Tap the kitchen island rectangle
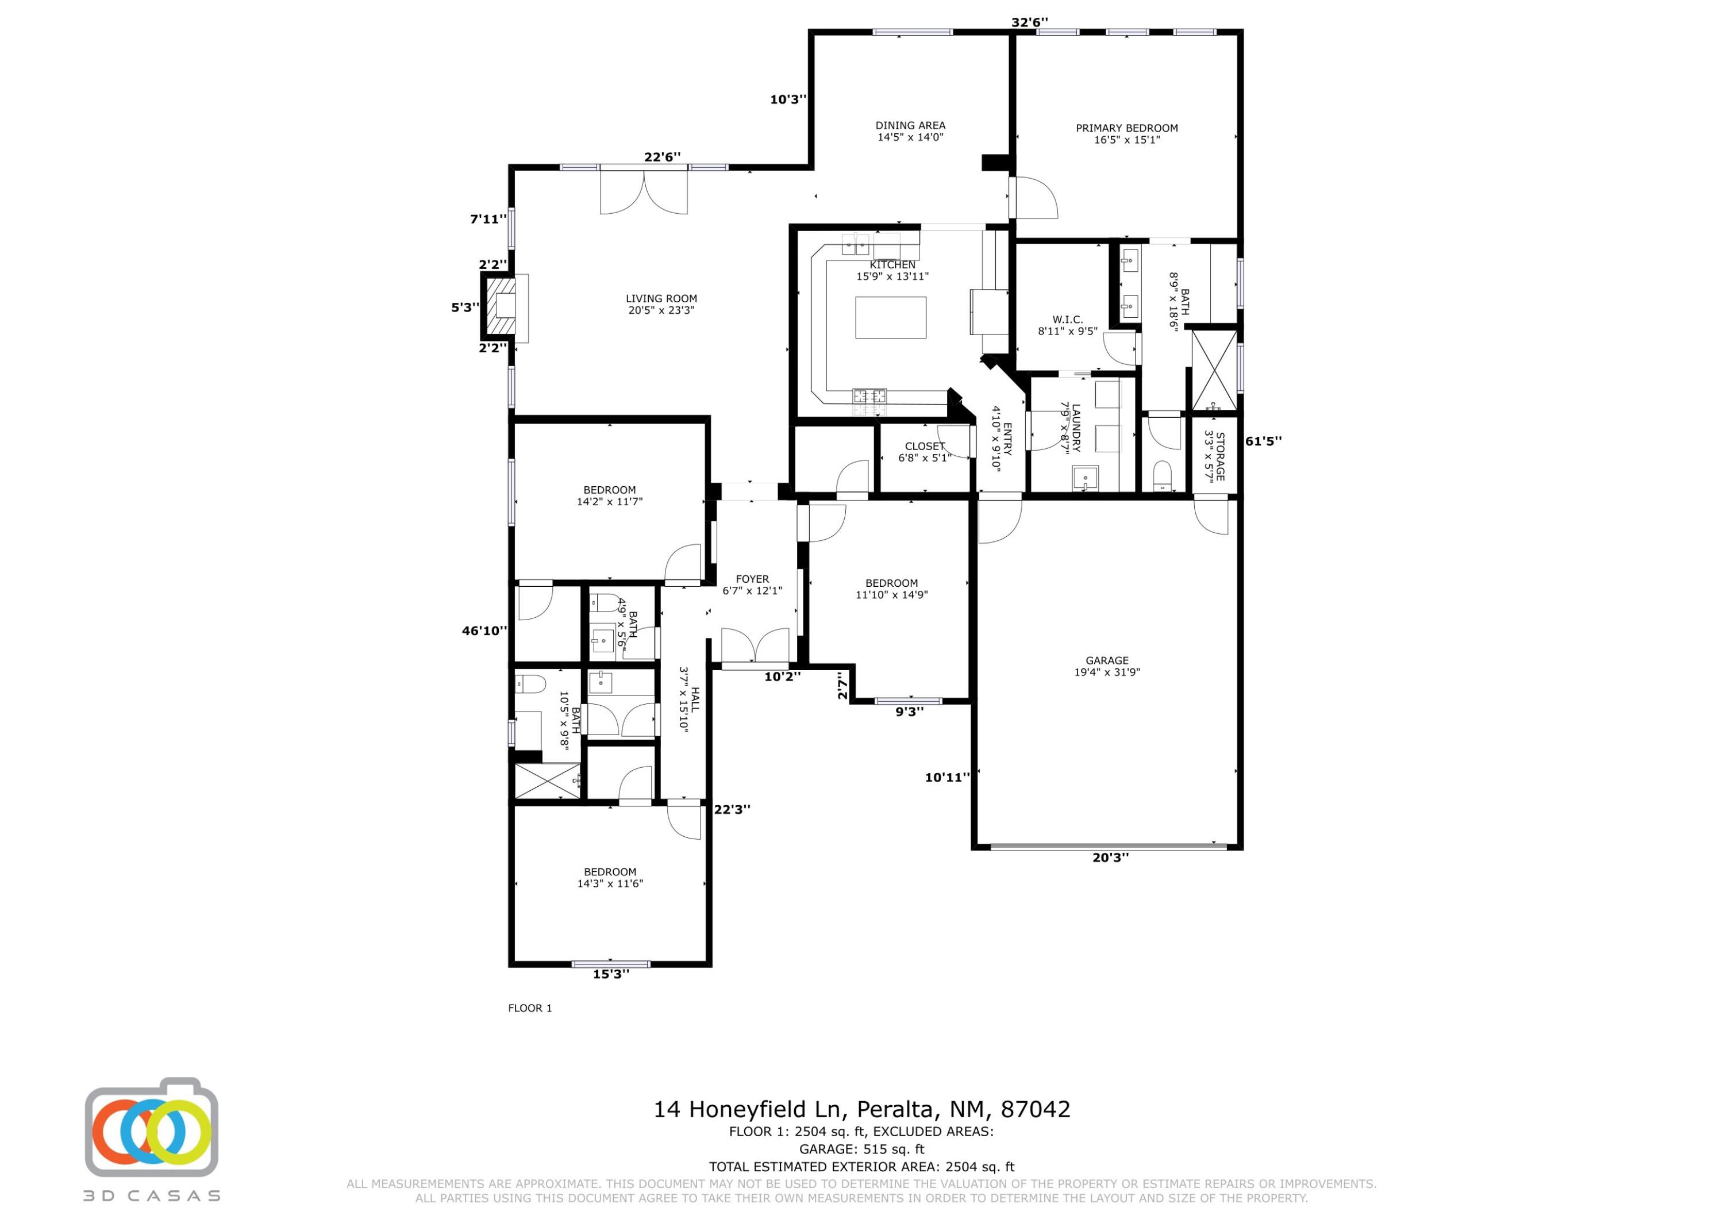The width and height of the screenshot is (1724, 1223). [891, 317]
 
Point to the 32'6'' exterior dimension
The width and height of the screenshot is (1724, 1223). [1029, 22]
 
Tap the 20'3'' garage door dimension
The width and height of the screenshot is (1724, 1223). [1110, 857]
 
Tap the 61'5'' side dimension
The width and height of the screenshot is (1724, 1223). [1263, 441]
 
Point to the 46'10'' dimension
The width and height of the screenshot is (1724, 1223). [484, 631]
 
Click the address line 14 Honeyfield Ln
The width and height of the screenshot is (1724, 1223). [861, 1109]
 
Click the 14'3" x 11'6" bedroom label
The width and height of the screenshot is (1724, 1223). [610, 878]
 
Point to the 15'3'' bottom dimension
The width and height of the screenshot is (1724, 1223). [610, 974]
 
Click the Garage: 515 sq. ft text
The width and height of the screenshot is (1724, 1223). [861, 1149]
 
